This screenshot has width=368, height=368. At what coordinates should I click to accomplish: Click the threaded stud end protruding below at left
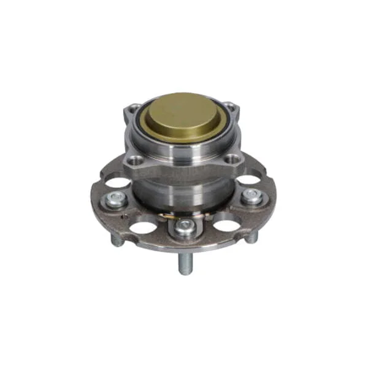116,240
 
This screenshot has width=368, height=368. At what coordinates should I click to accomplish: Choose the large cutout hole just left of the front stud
143,226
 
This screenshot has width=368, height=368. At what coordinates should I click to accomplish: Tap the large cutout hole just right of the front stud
225,225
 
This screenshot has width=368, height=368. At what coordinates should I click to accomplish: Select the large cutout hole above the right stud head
249,180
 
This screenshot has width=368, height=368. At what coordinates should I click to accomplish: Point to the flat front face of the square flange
184,166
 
